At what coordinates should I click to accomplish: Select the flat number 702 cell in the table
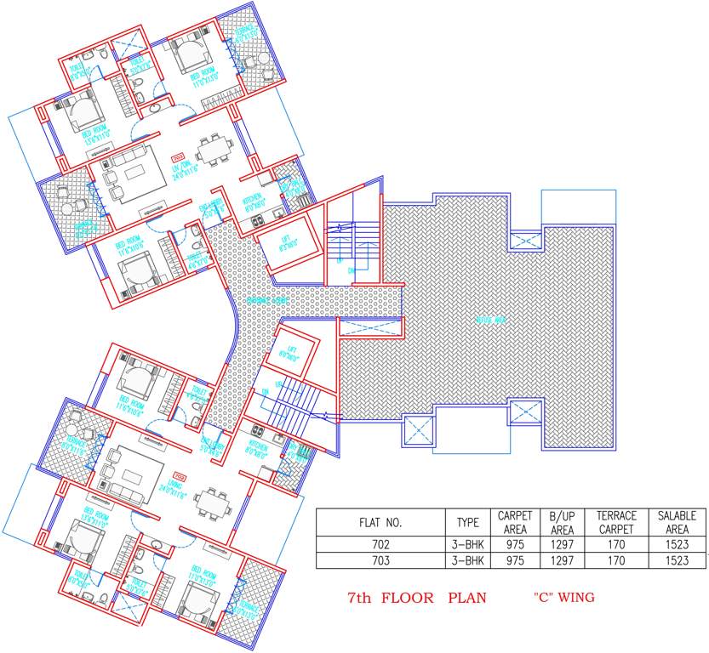380,544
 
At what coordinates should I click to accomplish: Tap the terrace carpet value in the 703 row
616,560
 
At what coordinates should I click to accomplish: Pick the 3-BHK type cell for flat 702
468,544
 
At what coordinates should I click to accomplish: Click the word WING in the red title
575,598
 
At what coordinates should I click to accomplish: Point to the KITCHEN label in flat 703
254,201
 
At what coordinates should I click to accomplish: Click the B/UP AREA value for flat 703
562,560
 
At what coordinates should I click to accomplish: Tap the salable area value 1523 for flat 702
677,544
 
